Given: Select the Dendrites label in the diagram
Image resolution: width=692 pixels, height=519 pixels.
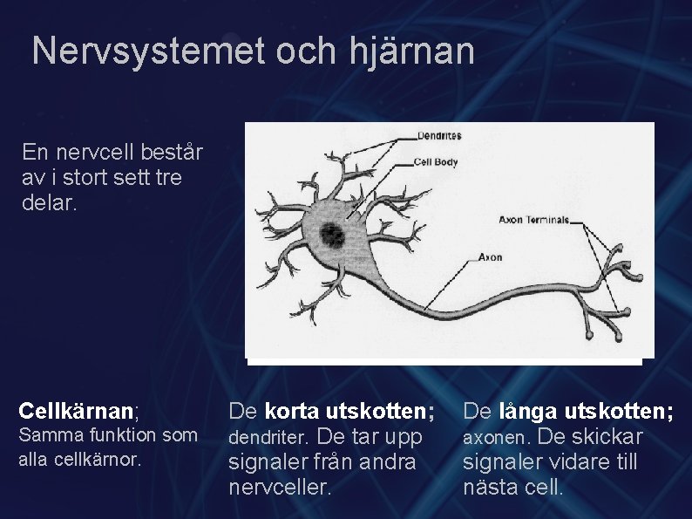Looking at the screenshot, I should [439, 136].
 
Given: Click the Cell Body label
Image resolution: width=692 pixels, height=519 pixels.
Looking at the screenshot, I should [436, 161].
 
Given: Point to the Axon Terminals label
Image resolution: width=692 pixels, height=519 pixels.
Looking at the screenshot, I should [533, 220].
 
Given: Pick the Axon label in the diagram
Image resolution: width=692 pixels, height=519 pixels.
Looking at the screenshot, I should [490, 257].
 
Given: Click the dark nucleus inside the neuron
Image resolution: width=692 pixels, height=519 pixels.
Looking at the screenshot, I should [331, 234].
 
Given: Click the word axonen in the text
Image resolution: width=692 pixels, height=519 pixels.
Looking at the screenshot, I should [499, 436].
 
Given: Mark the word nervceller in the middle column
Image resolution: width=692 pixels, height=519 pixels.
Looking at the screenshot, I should [280, 487].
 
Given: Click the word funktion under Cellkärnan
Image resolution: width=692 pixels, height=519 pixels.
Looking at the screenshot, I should [115, 435].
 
